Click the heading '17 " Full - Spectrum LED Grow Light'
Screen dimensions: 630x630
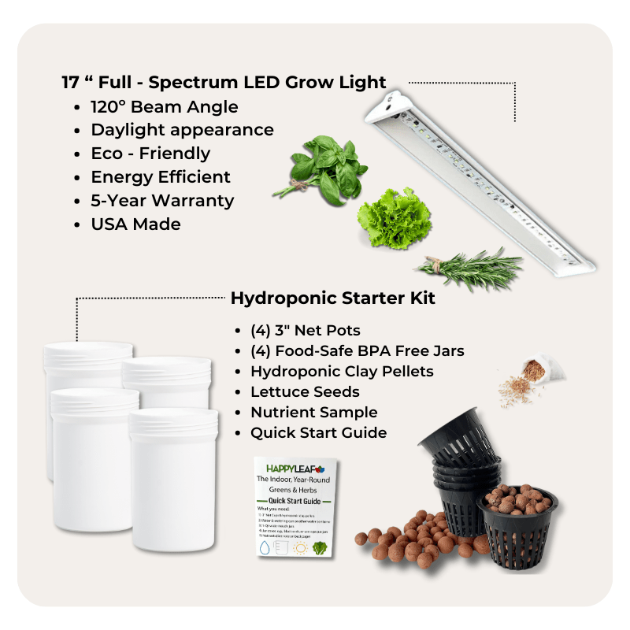224,83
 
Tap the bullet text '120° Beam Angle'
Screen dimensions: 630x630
164,106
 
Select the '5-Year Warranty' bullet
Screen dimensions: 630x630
162,200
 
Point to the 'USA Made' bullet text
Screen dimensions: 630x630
135,224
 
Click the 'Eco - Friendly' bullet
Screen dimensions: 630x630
150,153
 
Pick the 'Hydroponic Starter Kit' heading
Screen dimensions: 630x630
332,299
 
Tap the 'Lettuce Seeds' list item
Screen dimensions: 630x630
305,391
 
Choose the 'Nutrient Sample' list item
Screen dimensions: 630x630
313,412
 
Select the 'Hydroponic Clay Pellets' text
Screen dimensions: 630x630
342,371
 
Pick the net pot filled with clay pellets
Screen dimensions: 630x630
517,521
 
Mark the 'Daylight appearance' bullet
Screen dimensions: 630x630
182,130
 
